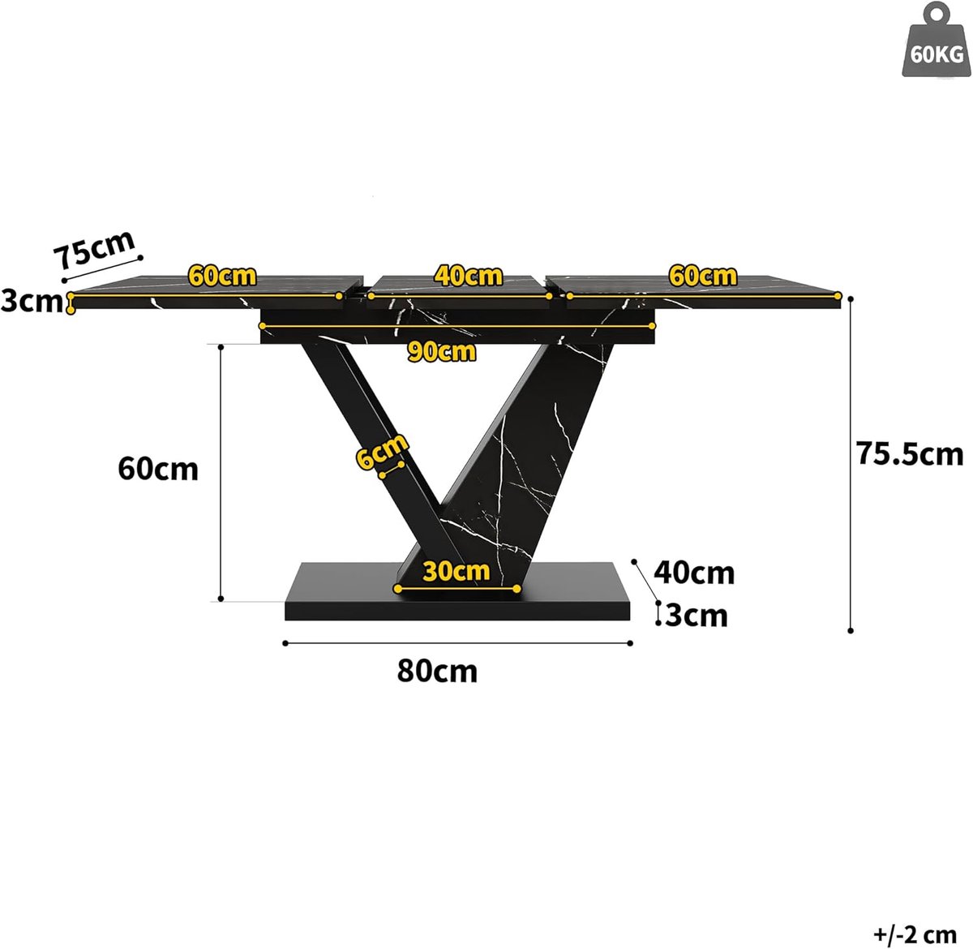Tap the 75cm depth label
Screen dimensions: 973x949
[x=95, y=250]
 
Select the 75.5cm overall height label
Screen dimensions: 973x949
[x=910, y=454]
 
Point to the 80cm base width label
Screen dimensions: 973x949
[x=437, y=672]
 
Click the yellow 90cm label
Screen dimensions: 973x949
[x=442, y=352]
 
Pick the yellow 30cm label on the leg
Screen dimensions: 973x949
[x=456, y=571]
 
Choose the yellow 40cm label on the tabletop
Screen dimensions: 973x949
[x=468, y=276]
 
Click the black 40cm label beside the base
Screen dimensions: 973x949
[x=694, y=573]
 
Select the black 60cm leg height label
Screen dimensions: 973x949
[x=158, y=470]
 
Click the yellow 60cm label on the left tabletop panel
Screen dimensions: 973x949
[x=222, y=276]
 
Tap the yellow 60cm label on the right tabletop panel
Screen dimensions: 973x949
[x=703, y=276]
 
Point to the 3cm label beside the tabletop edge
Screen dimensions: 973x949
[x=32, y=302]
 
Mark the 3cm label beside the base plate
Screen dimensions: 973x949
[x=697, y=616]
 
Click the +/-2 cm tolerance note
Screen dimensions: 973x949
[x=915, y=934]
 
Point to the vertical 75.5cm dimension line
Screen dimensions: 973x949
[x=851, y=465]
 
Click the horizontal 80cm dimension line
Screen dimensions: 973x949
[x=457, y=643]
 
